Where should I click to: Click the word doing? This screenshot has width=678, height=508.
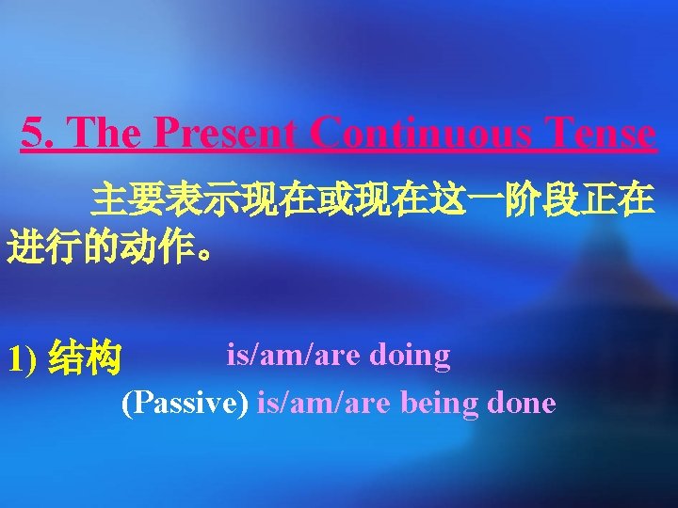411,356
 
